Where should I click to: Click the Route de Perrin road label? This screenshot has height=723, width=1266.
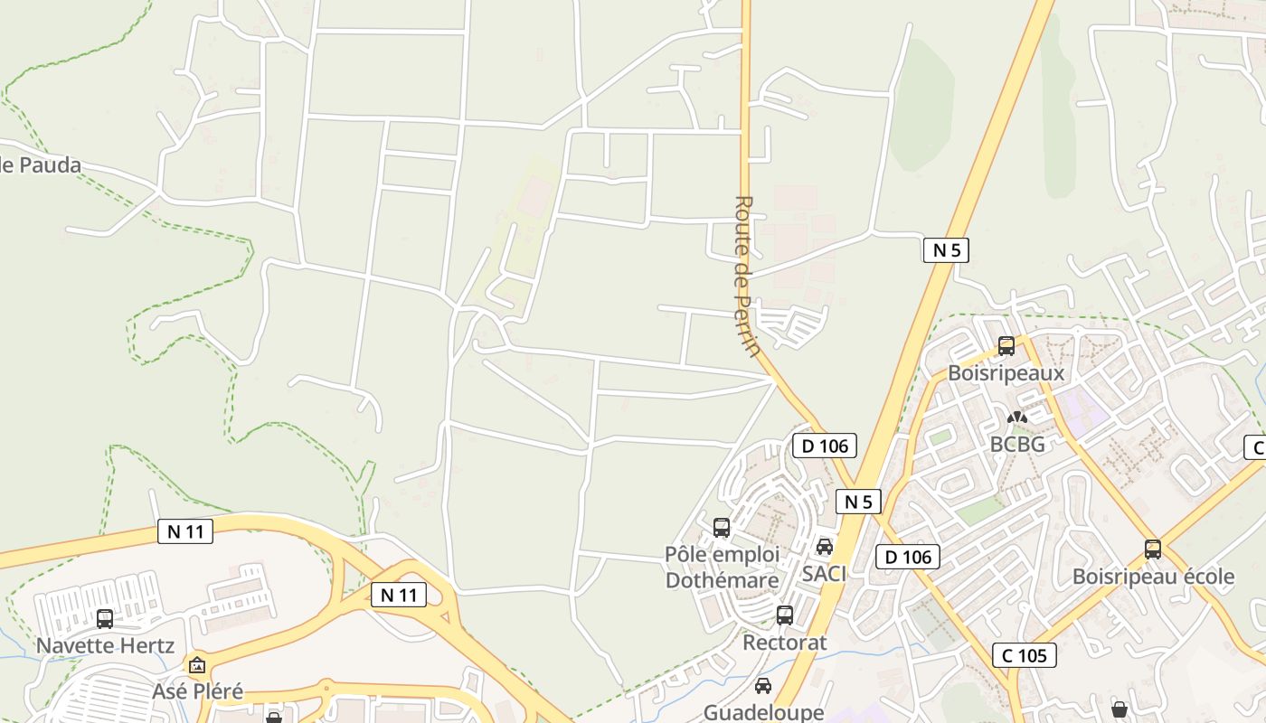(x=744, y=276)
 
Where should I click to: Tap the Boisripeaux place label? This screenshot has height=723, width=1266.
(x=1006, y=372)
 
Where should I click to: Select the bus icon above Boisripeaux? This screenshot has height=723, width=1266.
(x=1006, y=345)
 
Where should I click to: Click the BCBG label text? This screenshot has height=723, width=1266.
(x=1017, y=444)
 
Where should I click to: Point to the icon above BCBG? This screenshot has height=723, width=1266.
(x=1017, y=418)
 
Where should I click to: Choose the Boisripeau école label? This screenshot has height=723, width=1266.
(x=1152, y=577)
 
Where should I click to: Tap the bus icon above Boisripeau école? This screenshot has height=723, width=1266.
(x=1152, y=549)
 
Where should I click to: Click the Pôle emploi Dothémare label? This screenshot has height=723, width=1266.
(x=722, y=567)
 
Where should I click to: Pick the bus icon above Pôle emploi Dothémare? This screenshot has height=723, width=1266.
(x=722, y=527)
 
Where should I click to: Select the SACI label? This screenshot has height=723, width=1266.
(x=824, y=573)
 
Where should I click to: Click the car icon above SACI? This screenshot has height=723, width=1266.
(x=824, y=547)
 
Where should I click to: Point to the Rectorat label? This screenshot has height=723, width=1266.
(x=784, y=643)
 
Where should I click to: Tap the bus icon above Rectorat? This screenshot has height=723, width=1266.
(x=784, y=615)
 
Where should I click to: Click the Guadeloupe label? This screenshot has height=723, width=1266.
(x=763, y=712)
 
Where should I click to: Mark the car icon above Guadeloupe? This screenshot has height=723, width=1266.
(x=763, y=686)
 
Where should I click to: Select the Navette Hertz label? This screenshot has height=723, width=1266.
(x=105, y=645)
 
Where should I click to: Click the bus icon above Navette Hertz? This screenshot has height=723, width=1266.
(x=105, y=618)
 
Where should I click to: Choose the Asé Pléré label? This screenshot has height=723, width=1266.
(x=197, y=691)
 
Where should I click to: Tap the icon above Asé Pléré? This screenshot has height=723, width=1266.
(x=197, y=665)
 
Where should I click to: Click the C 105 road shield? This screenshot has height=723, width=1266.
(x=1024, y=655)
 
